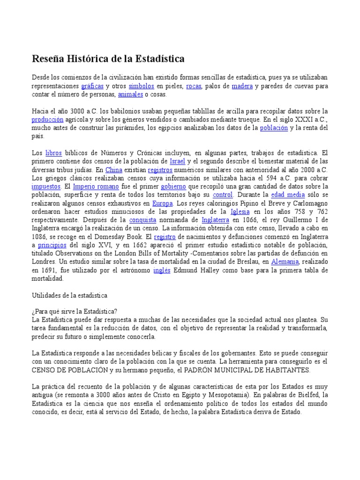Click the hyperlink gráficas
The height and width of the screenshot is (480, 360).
pyautogui.click(x=92, y=86)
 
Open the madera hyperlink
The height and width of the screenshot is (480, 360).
pyautogui.click(x=242, y=86)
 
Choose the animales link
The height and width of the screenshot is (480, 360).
pyautogui.click(x=130, y=94)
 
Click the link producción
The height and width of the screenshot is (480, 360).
pyautogui.click(x=47, y=120)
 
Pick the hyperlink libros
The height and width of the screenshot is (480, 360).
pyautogui.click(x=53, y=153)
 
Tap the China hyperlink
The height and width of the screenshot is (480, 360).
pyautogui.click(x=113, y=170)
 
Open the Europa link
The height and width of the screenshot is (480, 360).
pyautogui.click(x=163, y=203)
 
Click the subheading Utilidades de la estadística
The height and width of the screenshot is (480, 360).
pyautogui.click(x=69, y=295)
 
